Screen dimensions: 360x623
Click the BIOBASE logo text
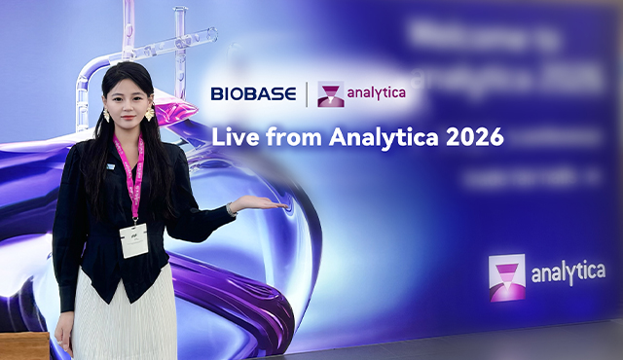[254, 94]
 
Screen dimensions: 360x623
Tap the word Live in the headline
[234, 137]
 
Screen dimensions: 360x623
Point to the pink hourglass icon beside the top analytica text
[331, 94]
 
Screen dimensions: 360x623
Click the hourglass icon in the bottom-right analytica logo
[507, 277]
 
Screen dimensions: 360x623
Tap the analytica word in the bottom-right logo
[568, 273]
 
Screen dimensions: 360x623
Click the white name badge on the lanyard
[133, 239]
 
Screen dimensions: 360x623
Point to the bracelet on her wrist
[232, 209]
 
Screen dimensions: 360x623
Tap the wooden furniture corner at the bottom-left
[23, 345]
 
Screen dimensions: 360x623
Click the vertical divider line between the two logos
[308, 94]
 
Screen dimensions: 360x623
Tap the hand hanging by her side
[64, 336]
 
